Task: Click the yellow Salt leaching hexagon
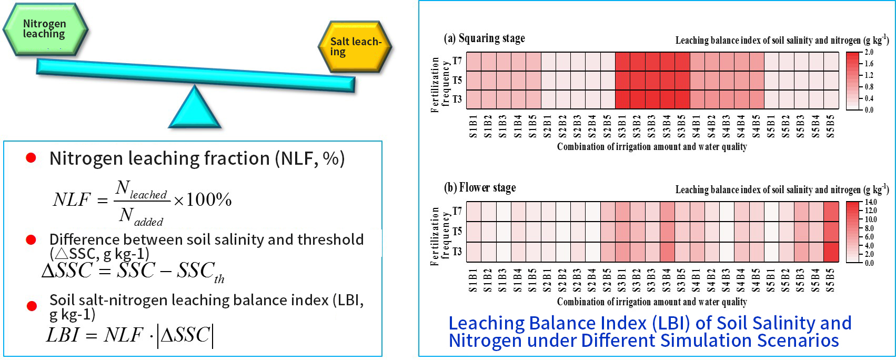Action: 355,47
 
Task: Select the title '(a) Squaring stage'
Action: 485,38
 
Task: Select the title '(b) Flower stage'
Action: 480,188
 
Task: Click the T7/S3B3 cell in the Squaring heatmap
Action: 652,62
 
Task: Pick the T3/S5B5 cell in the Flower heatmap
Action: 831,252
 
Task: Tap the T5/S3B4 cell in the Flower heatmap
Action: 667,232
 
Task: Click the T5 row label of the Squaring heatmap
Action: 457,81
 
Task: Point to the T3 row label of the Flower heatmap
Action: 457,252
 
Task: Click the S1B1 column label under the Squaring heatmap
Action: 473,127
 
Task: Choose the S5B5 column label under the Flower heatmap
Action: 831,280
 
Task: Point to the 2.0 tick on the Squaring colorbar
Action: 869,52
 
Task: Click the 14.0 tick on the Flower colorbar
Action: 871,202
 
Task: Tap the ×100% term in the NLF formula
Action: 203,200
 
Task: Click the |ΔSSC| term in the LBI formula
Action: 186,335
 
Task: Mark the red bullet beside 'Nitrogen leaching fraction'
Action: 31,158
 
